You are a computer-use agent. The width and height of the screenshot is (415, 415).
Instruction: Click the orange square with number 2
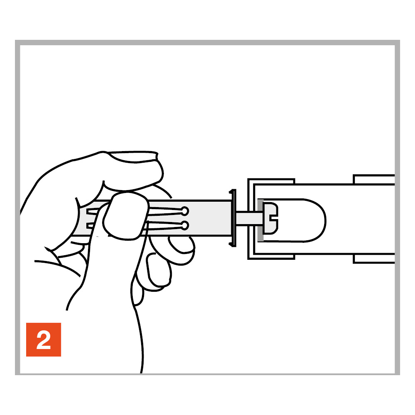pos(44,339)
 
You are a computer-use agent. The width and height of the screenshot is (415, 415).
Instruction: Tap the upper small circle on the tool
pos(185,211)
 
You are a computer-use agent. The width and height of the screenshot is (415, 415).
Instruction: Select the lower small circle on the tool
pos(185,226)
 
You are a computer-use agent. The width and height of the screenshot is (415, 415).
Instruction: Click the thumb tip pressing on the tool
pos(125,216)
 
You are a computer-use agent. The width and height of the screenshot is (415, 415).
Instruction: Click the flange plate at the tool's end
pos(233,218)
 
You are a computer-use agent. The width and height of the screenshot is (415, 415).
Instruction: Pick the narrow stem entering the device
pos(248,218)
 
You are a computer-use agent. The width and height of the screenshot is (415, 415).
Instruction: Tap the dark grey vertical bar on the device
pos(261,220)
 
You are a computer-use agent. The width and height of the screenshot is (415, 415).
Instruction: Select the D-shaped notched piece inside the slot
pos(271,218)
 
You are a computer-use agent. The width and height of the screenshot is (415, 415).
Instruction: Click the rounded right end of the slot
pos(317,220)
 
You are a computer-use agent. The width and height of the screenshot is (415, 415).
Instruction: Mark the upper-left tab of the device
pos(271,181)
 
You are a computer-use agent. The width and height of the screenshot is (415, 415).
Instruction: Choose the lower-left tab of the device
pos(271,256)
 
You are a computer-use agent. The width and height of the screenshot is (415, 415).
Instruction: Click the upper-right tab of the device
pos(374,179)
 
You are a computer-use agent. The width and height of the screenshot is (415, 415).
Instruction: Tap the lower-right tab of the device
pos(374,259)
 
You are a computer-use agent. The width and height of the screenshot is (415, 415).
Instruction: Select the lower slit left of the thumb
pos(91,226)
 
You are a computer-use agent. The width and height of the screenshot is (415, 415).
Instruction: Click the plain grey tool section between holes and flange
pos(209,218)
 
